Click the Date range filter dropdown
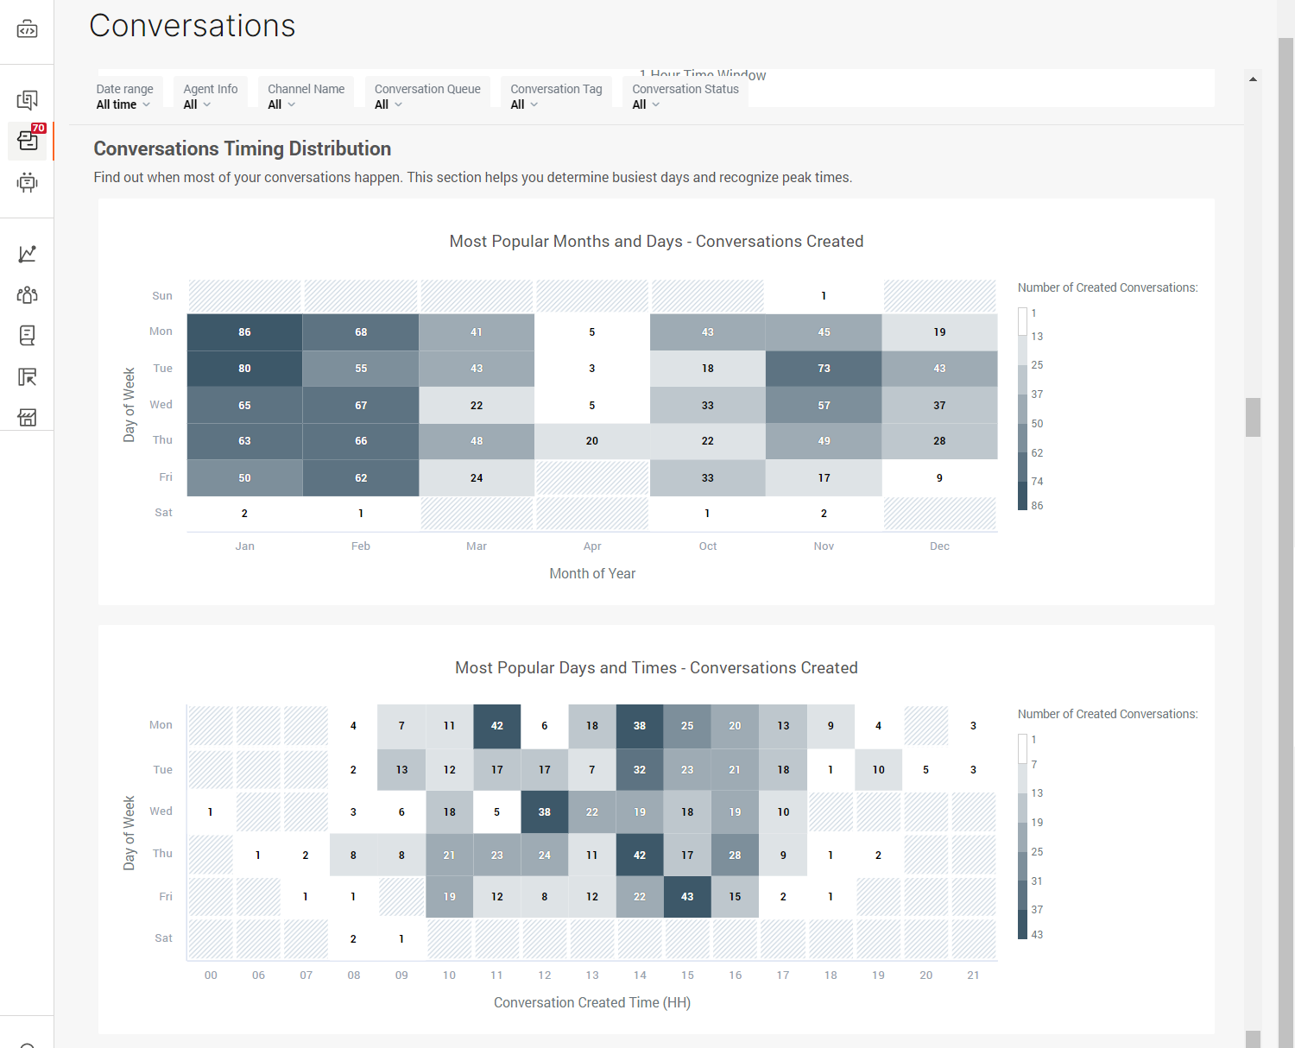[x=123, y=97]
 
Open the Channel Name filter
[x=306, y=97]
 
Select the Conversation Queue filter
[x=427, y=97]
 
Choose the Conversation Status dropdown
[x=685, y=97]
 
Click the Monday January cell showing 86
[x=244, y=332]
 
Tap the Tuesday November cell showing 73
[x=824, y=369]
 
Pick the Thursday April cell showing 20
[x=592, y=441]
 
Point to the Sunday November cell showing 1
[x=824, y=296]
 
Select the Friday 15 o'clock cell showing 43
[x=687, y=897]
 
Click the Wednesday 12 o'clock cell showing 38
[x=545, y=812]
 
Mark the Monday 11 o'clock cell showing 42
[x=497, y=726]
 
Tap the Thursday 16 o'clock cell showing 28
[x=735, y=855]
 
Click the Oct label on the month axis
[x=708, y=546]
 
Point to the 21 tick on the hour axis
[x=973, y=975]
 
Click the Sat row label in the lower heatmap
[x=163, y=938]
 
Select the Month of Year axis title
[x=592, y=574]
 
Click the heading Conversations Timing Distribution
[x=243, y=148]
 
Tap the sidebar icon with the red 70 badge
[x=28, y=141]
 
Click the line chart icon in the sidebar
[x=28, y=254]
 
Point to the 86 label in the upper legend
[x=1037, y=506]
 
